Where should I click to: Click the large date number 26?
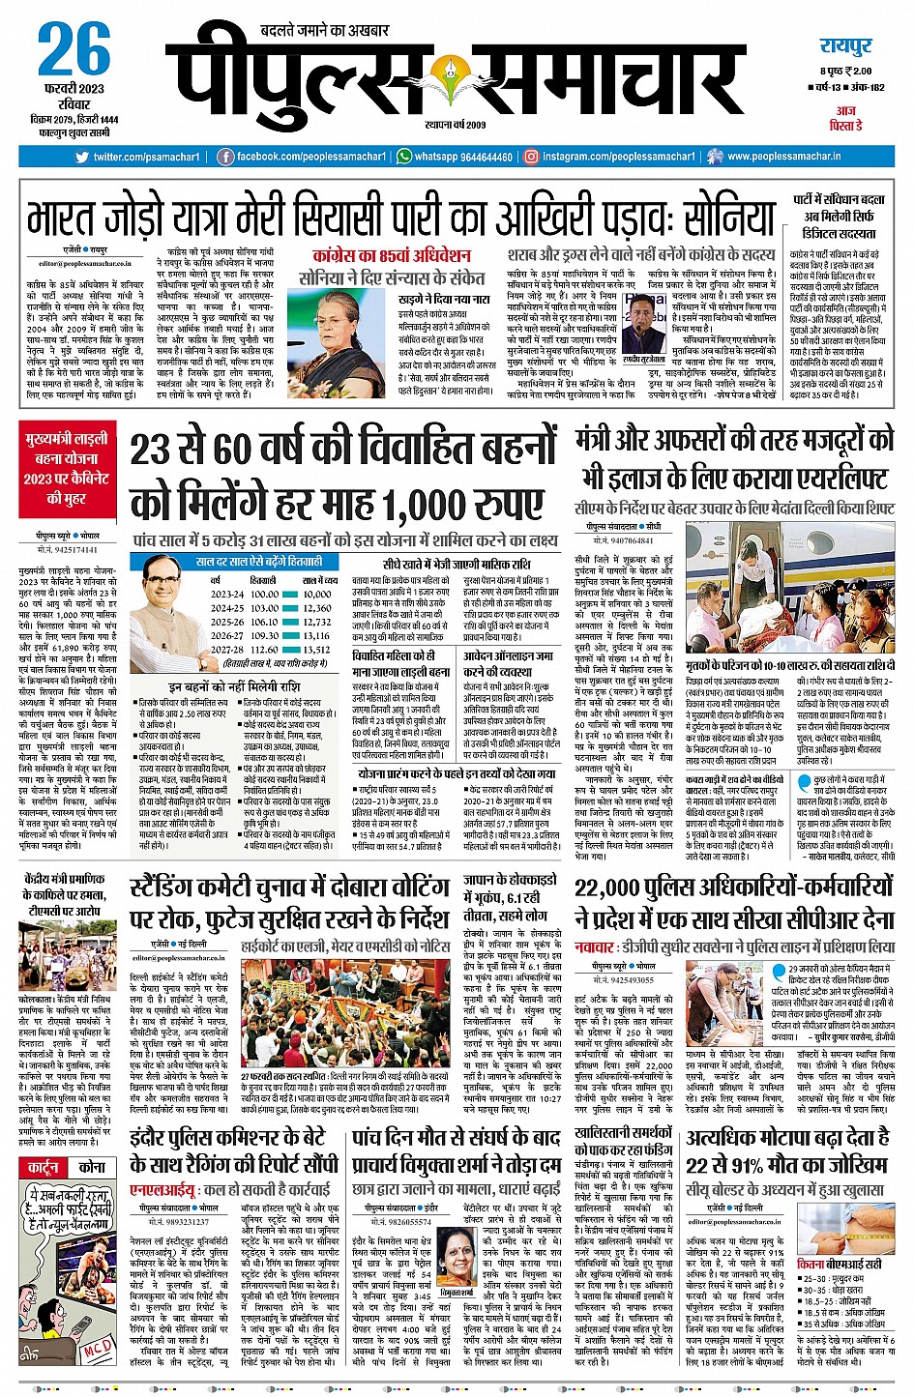[x=74, y=49]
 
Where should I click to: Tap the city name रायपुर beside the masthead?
[x=845, y=46]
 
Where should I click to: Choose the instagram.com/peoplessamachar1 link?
[x=618, y=157]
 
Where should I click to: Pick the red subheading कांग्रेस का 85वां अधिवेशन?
[x=392, y=256]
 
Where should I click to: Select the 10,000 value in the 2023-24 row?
[x=316, y=594]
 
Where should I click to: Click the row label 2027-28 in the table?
[x=228, y=650]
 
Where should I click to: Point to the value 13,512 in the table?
[x=316, y=650]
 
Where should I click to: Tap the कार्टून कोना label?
[x=66, y=1167]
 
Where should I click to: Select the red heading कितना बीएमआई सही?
[x=839, y=1264]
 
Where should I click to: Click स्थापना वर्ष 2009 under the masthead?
[x=455, y=125]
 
